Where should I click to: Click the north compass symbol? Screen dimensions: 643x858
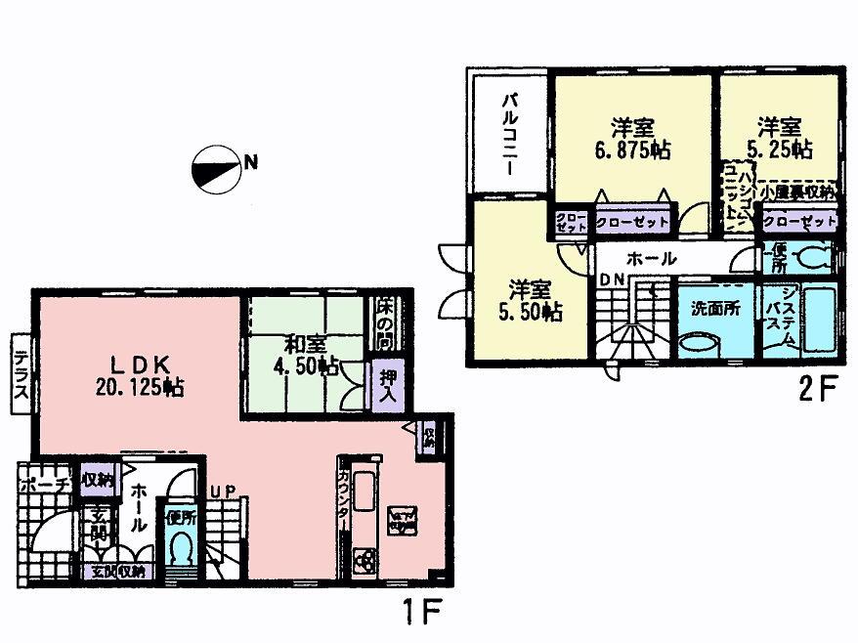(216, 165)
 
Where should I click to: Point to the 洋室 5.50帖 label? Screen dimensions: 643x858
(529, 301)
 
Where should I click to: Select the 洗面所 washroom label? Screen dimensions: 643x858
(715, 306)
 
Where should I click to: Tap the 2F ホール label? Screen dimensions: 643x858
(652, 259)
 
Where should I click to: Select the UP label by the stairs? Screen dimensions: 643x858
(222, 491)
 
